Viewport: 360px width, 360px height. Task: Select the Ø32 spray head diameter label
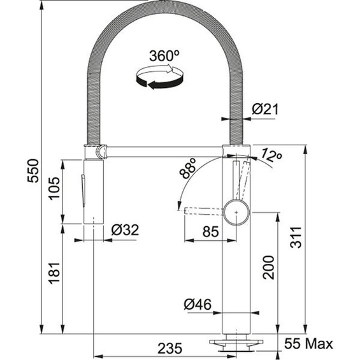coord(126,229)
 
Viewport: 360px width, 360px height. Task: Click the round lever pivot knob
coord(236,210)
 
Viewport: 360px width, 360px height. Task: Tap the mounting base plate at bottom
coord(235,342)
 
